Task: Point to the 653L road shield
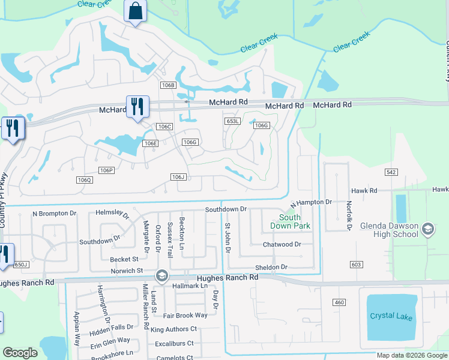pyautogui.click(x=233, y=121)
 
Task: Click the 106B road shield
pyautogui.click(x=167, y=86)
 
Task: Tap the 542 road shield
pyautogui.click(x=391, y=172)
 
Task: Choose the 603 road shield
pyautogui.click(x=357, y=264)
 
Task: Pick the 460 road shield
pyautogui.click(x=339, y=302)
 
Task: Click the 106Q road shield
pyautogui.click(x=85, y=180)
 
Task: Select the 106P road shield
pyautogui.click(x=106, y=170)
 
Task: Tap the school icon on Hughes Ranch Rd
pyautogui.click(x=161, y=276)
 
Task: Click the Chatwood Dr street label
pyautogui.click(x=282, y=245)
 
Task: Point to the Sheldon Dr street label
pyautogui.click(x=271, y=267)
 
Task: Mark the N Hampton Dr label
pyautogui.click(x=311, y=203)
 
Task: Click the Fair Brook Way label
pyautogui.click(x=185, y=315)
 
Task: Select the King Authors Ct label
pyautogui.click(x=173, y=329)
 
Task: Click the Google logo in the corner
pyautogui.click(x=20, y=353)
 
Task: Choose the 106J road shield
pyautogui.click(x=178, y=177)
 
